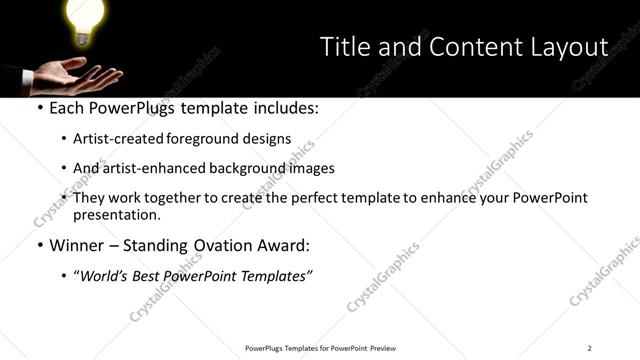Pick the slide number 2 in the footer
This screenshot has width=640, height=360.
coord(589,348)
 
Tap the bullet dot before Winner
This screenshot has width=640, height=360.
coord(39,245)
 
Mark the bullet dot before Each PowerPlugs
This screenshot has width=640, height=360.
coord(39,108)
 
